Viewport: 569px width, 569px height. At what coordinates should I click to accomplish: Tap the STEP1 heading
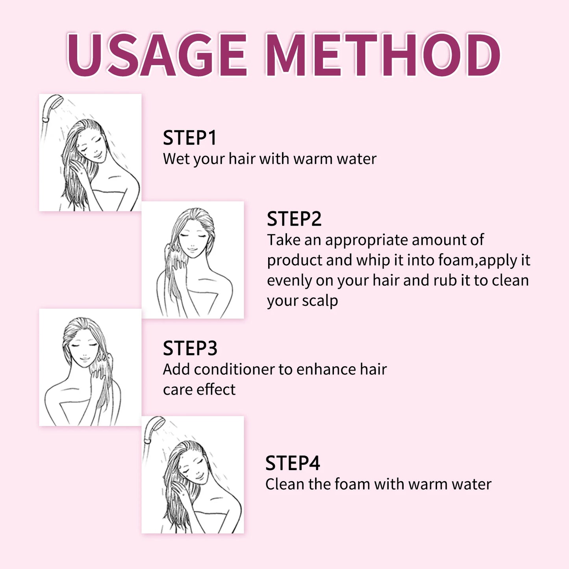[190, 138]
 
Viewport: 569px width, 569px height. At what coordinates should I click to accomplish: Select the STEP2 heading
[294, 219]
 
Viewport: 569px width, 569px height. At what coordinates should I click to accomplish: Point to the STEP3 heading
[190, 348]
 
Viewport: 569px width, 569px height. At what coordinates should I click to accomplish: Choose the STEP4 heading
[293, 463]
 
